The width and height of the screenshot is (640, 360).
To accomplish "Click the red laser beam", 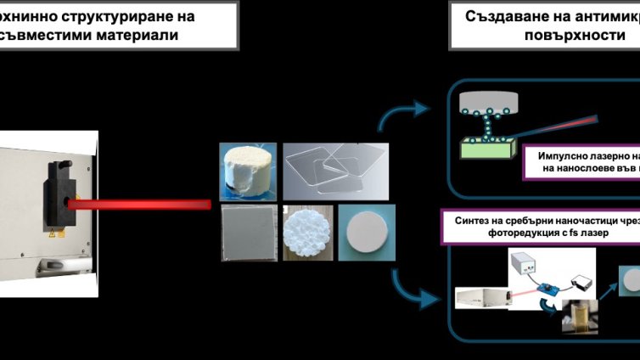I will (x=136, y=204).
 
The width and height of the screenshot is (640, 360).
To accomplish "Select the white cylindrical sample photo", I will (x=248, y=172).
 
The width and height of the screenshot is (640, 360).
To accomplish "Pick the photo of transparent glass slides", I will (x=331, y=172).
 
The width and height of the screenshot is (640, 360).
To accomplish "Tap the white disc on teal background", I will (x=367, y=233).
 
